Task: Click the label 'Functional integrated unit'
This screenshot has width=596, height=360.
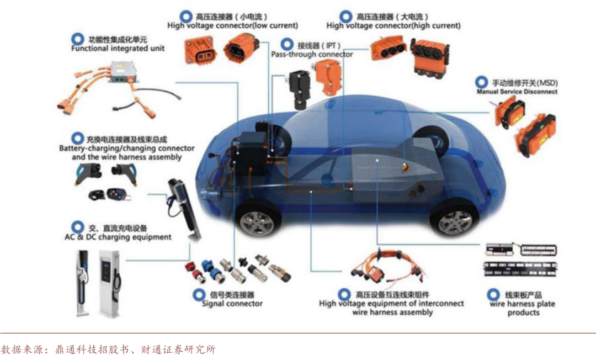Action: (118, 48)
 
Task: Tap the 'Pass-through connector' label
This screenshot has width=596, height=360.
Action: (312, 54)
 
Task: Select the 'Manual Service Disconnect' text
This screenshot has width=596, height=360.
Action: (517, 92)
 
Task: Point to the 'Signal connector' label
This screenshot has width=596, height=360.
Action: (232, 303)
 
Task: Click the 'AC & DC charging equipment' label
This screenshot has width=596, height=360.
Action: (118, 237)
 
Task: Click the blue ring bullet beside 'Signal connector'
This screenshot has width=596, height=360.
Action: (199, 295)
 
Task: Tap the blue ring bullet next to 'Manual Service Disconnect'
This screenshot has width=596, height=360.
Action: (482, 82)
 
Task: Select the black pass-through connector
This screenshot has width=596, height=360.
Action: (299, 88)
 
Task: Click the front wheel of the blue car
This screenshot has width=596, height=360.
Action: (257, 220)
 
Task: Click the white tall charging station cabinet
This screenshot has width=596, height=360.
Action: (110, 283)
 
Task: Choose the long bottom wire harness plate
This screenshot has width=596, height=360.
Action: (520, 269)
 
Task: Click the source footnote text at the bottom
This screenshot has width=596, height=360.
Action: (108, 349)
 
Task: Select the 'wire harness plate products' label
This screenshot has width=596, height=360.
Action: (523, 308)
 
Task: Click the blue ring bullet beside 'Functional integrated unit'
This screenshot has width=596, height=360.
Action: (78, 39)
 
